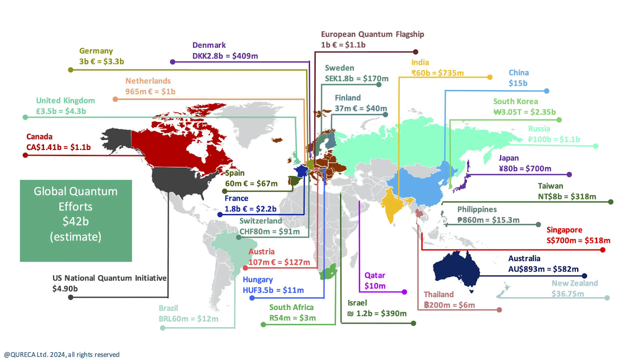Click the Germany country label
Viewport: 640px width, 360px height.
click(96, 51)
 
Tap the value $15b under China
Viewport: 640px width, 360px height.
click(518, 83)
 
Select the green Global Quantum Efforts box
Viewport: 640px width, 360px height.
click(76, 221)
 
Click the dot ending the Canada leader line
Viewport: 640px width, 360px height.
click(25, 155)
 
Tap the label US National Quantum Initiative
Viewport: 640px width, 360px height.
click(109, 278)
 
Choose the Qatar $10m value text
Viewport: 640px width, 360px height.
click(375, 286)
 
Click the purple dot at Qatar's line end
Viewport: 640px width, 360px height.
click(404, 292)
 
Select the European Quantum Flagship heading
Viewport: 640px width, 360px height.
click(372, 34)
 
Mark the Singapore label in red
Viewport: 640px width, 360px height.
click(564, 230)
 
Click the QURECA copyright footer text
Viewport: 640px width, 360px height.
click(62, 355)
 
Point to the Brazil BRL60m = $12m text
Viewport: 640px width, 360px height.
click(188, 319)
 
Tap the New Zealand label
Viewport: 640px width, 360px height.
click(575, 283)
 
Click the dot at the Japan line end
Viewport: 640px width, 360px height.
click(569, 174)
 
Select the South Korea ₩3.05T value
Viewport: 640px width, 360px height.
click(524, 112)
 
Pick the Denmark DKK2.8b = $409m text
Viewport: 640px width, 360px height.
click(225, 56)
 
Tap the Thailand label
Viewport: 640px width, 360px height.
click(439, 294)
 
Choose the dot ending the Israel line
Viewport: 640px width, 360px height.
click(414, 323)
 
